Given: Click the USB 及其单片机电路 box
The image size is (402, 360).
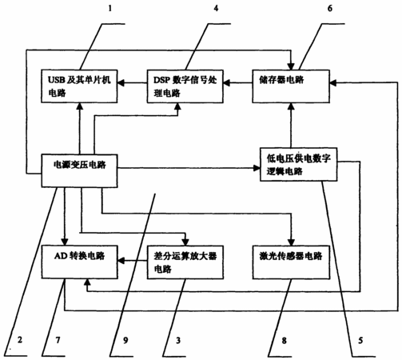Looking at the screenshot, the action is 79,86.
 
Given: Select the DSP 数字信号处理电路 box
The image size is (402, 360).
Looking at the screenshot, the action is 185,86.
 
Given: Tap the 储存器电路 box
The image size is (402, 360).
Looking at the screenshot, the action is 291,86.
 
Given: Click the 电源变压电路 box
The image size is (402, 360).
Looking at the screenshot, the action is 79,170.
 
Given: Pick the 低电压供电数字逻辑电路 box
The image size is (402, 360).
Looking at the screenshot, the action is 298,164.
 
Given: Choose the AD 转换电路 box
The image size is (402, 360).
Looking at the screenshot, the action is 79,262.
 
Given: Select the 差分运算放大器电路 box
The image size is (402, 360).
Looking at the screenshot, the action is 185,262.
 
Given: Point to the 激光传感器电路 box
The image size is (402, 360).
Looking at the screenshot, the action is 291,262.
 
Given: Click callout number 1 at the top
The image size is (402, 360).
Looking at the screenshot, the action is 110,8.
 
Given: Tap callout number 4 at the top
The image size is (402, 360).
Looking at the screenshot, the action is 216,8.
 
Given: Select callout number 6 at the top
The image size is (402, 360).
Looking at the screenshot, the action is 330,8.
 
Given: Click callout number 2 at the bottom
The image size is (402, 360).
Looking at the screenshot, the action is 20,340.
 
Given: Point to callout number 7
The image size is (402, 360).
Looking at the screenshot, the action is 58,340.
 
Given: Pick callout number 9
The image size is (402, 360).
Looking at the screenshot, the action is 125,340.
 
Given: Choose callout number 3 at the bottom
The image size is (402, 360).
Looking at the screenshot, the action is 178,340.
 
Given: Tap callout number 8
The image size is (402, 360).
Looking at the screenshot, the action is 285,340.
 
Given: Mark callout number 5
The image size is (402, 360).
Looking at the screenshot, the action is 360,340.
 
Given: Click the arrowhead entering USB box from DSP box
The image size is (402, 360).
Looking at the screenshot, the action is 121,83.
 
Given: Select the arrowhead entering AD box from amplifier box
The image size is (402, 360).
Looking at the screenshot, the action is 121,261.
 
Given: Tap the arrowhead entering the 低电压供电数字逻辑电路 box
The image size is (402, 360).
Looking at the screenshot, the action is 257,168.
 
